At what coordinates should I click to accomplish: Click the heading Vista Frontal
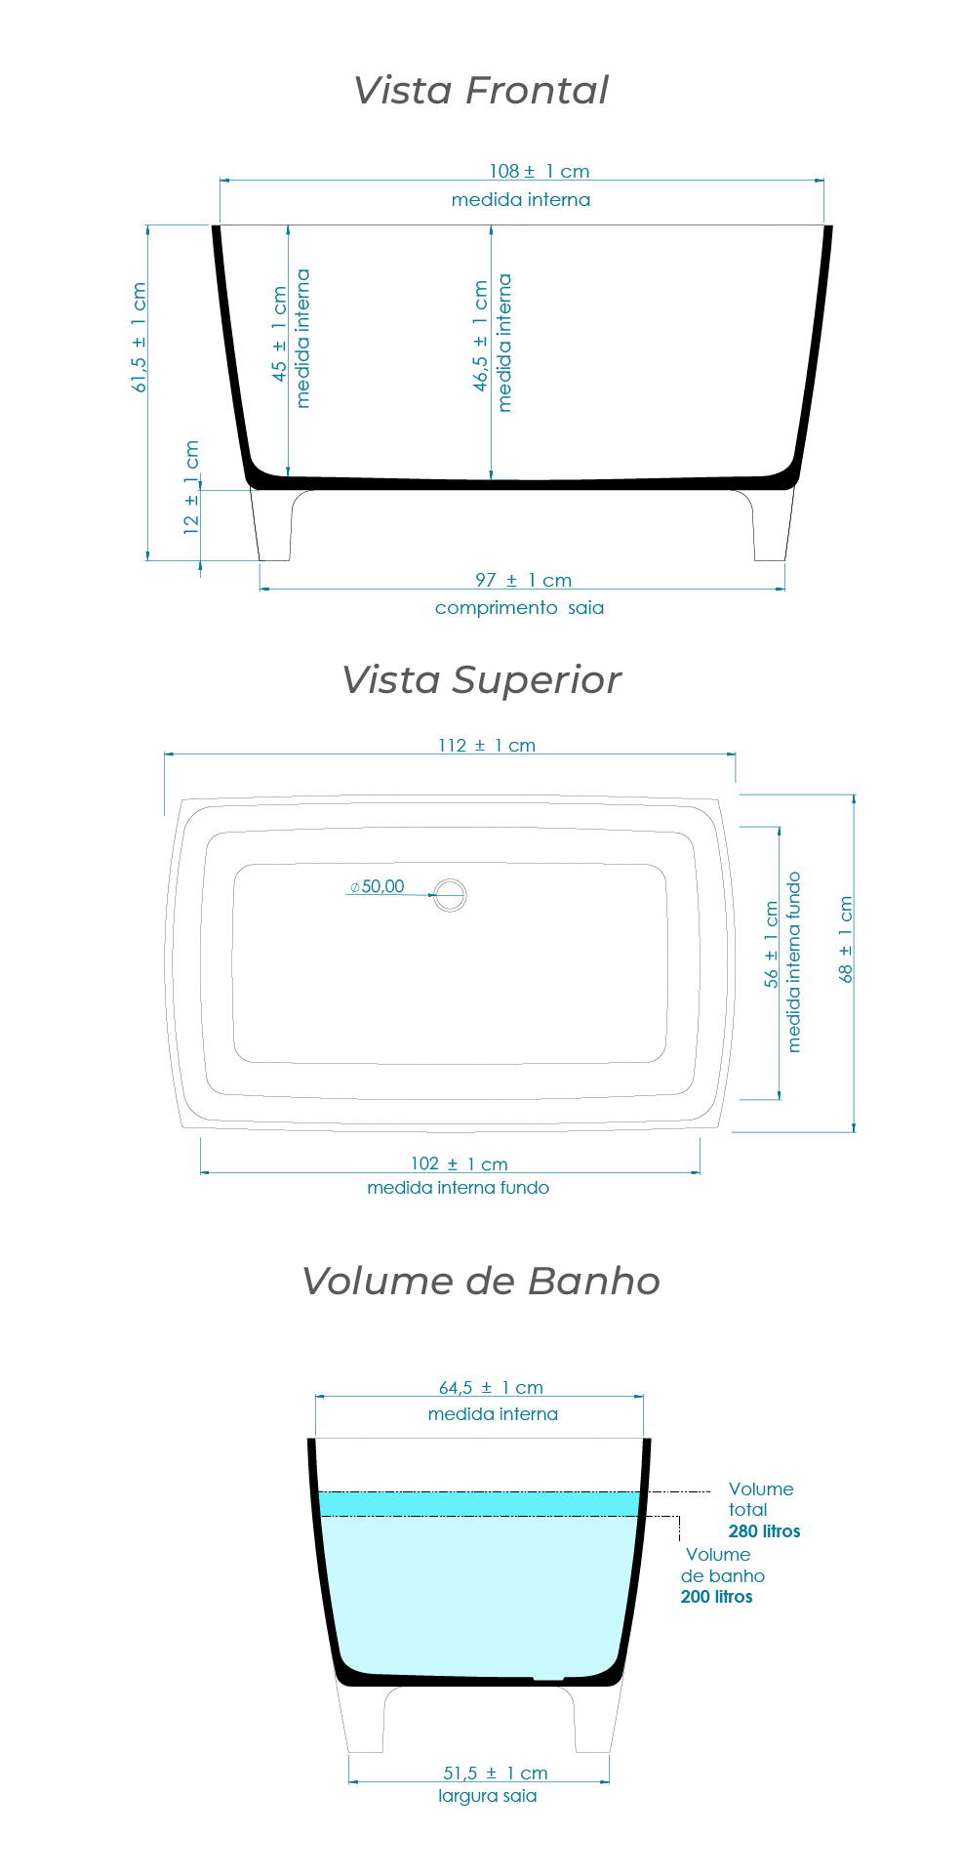(480, 91)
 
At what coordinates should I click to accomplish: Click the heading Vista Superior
(480, 680)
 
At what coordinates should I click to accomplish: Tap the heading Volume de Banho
(480, 1282)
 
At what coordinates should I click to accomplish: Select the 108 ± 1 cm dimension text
(539, 171)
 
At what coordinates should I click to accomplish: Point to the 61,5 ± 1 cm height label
(139, 338)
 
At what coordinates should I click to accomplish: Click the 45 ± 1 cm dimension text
(280, 334)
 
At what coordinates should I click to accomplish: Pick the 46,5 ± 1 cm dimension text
(480, 336)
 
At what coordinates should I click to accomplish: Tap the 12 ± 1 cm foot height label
(191, 487)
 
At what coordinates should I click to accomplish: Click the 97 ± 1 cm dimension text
(523, 580)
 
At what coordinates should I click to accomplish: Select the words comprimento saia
(519, 608)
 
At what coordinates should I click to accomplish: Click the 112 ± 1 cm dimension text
(486, 746)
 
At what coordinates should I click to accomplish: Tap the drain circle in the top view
(450, 894)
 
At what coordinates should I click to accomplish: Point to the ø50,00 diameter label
(377, 886)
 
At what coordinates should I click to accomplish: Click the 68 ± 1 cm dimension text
(846, 939)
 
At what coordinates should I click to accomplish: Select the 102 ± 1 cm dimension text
(459, 1163)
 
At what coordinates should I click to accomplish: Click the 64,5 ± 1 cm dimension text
(491, 1387)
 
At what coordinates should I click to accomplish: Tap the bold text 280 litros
(764, 1531)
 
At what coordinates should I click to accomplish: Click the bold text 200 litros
(716, 1597)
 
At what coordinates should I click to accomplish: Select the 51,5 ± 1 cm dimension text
(495, 1773)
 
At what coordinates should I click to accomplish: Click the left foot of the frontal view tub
(273, 527)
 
